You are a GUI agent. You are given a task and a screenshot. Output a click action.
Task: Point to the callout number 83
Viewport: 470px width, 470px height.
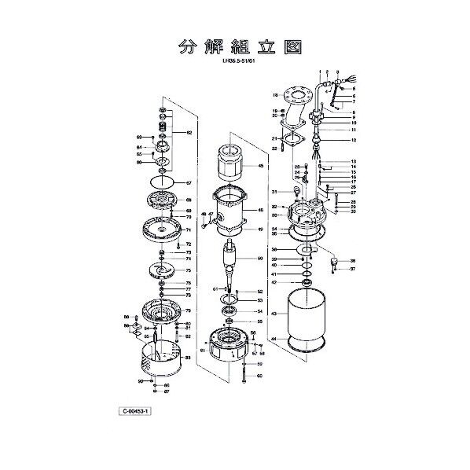pos(188,358)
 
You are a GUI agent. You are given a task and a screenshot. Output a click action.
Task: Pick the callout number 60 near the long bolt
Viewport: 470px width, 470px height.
pos(260,376)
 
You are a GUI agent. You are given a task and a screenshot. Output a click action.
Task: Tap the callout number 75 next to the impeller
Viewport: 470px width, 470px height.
pos(188,270)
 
